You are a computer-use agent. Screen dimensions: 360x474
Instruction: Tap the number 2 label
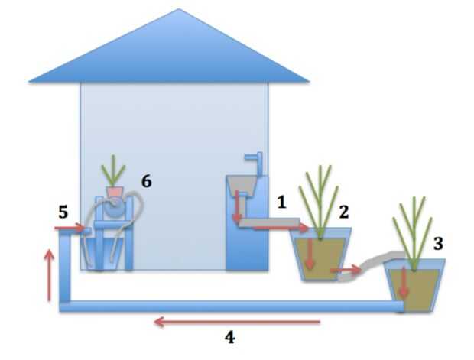[343, 211]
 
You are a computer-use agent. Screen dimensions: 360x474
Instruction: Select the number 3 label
[438, 244]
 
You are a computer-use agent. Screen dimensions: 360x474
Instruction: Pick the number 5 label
[63, 212]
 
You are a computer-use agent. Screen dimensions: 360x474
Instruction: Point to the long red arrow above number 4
[238, 322]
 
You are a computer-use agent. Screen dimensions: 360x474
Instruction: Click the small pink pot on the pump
[115, 189]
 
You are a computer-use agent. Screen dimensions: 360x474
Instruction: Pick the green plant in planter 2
[320, 199]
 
